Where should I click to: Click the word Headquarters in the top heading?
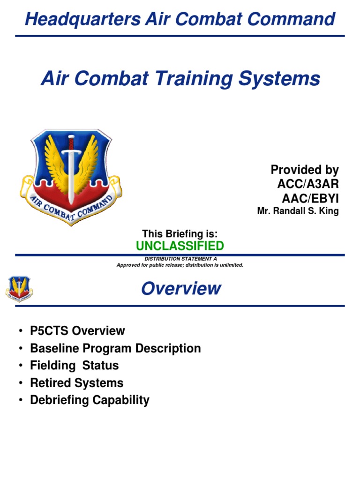82,20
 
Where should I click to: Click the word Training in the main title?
193,78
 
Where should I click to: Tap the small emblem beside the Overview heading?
19,288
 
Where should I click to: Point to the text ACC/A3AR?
307,184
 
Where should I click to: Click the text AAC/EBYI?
309,197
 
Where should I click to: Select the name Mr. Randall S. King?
298,211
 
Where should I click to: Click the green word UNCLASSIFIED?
180,246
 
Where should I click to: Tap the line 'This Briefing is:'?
180,233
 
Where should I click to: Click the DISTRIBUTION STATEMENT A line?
180,259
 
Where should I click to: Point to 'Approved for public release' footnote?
180,265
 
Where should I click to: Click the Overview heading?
181,288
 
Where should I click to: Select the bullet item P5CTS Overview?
77,331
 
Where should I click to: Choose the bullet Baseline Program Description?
115,348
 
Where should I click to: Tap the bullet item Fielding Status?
74,366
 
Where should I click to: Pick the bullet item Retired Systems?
76,383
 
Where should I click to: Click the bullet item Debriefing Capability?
90,400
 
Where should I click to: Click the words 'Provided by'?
305,170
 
